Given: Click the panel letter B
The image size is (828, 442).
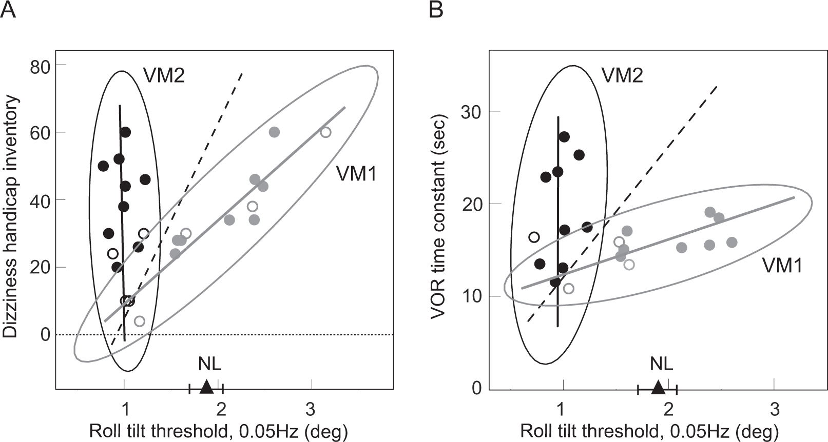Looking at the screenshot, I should coord(436,10).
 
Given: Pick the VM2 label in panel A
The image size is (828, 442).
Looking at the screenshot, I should coord(163,75).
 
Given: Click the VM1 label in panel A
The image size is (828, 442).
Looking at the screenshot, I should coord(356,174).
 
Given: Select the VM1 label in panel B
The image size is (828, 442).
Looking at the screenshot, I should coord(782,266).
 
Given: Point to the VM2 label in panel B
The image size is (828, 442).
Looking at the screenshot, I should coord(622,75).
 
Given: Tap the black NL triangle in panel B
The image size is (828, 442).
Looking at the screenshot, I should coord(658,387).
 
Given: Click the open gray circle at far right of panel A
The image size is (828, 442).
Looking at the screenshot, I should coord(325,132).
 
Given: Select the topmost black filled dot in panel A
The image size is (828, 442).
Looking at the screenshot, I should coord(125,132).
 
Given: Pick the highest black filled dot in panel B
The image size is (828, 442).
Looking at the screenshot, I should coord(564,137).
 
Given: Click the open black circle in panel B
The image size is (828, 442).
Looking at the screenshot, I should coord(534,237).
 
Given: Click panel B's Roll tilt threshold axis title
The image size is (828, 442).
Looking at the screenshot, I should coord(649,431).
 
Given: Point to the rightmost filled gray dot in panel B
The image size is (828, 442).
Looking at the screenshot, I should coord(732,242).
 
